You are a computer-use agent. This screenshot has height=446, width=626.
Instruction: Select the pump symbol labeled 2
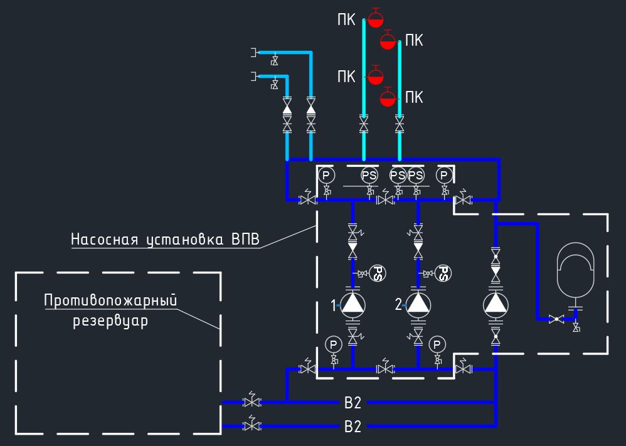[x=418, y=305]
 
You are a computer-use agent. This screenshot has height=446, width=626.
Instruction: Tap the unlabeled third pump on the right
[x=496, y=305]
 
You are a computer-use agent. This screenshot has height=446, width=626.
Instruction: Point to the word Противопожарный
[x=110, y=301]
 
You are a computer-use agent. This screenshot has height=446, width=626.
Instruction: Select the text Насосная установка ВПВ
[x=165, y=240]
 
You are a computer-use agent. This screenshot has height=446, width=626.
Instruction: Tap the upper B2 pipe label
[x=353, y=403]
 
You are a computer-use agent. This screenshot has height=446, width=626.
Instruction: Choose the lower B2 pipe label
[x=353, y=427]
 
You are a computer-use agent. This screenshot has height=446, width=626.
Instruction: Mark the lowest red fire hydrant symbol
[x=389, y=98]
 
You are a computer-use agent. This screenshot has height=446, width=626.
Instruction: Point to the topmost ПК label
[x=346, y=20]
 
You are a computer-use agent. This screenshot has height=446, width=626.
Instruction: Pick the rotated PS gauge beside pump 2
[x=443, y=273]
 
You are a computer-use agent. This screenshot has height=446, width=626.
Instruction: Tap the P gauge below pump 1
[x=333, y=343]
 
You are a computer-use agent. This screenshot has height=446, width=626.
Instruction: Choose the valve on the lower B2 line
[x=252, y=427]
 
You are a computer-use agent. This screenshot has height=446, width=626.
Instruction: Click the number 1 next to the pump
[x=334, y=306]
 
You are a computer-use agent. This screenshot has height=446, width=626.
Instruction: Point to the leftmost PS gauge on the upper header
[x=369, y=175]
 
